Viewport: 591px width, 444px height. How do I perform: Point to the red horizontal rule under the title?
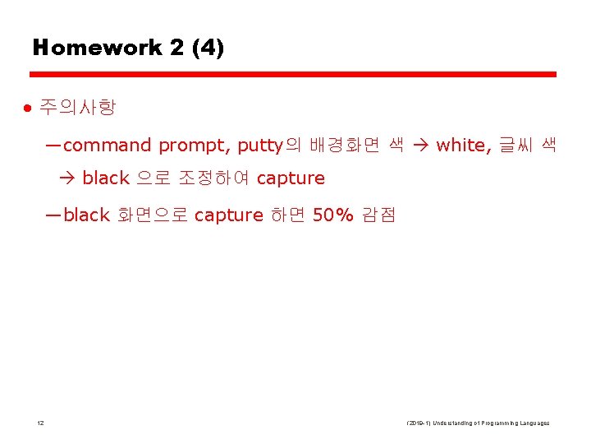(x=295, y=75)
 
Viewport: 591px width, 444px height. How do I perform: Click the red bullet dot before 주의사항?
(x=27, y=108)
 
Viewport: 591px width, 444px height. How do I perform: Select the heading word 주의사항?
(x=78, y=108)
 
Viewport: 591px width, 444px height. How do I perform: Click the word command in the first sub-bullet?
(x=107, y=146)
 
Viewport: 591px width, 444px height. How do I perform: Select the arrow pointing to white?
(x=420, y=146)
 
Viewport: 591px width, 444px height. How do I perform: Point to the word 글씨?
(x=512, y=146)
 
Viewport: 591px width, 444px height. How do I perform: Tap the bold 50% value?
(x=333, y=215)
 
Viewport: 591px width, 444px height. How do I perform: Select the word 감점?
(x=378, y=215)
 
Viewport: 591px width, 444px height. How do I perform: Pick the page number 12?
(x=41, y=423)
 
